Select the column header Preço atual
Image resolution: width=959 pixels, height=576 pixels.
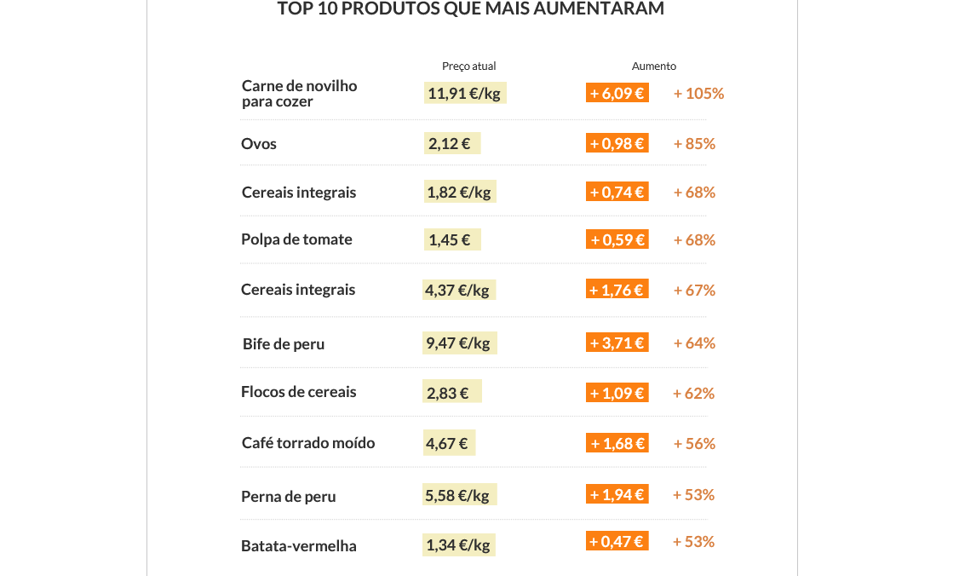pos(468,66)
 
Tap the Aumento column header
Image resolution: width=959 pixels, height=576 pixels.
pos(654,66)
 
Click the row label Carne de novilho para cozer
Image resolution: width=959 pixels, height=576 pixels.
pos(299,94)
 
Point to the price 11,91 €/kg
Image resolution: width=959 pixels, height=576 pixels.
pos(464,93)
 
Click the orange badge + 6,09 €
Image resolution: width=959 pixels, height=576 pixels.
pos(617,93)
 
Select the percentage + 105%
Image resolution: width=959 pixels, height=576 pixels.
pos(698,94)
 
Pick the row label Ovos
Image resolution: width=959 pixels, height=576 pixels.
pos(259,144)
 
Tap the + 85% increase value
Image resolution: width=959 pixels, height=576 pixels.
pos(694,144)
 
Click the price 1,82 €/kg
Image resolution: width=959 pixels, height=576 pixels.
pos(460,193)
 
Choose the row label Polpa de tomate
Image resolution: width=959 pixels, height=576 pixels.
pos(296,239)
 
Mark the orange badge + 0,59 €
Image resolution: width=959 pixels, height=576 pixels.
pos(617,240)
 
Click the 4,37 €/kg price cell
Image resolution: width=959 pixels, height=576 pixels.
pos(459,290)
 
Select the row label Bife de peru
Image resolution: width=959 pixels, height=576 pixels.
pos(284,344)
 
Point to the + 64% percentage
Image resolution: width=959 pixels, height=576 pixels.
pos(694,343)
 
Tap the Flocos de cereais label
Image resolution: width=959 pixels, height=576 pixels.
pos(298,392)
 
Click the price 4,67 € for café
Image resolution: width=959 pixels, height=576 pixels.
pos(448,443)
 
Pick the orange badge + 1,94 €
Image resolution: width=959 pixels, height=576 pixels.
pos(617,494)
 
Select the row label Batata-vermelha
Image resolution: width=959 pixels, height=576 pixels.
pos(298,546)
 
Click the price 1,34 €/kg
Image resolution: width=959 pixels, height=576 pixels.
pos(458,545)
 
